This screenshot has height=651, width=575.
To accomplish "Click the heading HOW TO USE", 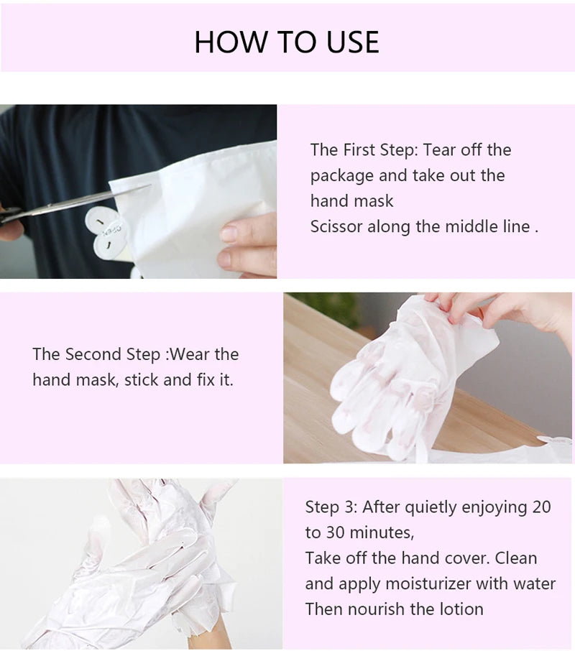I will coord(286,42).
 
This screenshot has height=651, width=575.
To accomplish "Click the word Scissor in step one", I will coord(336,227).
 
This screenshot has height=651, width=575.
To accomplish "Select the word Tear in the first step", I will coord(438,150).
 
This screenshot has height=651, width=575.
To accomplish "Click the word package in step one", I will coord(341,176).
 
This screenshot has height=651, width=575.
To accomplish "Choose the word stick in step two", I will coord(142,380).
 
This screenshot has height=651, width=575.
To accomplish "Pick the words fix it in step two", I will coord(213,380).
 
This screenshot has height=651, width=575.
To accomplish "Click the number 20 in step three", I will coord(541,507).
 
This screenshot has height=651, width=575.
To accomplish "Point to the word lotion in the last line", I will coord(459,609).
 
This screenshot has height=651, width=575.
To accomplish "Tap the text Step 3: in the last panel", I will coord(331,507).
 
